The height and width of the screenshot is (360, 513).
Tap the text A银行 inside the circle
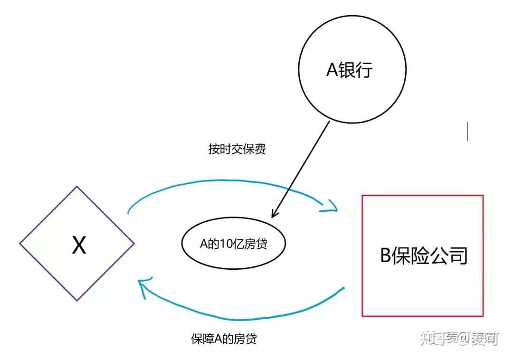350,70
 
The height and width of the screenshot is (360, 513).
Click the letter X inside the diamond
79,246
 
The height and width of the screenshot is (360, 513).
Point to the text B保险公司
424,256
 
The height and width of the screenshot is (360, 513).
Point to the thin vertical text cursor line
467,131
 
